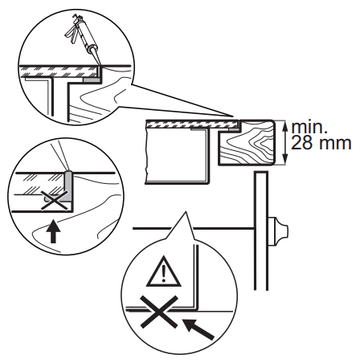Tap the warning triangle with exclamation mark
(x=164, y=271)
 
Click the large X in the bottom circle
(x=160, y=312)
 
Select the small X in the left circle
(x=55, y=200)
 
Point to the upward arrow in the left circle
(x=53, y=231)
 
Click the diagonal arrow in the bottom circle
(x=198, y=328)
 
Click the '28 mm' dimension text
(x=321, y=143)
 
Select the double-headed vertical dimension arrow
(x=285, y=143)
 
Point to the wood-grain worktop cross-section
(x=247, y=143)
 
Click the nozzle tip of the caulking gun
(x=98, y=65)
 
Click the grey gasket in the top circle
(x=91, y=80)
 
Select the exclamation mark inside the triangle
(x=164, y=273)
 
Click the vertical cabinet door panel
(x=261, y=231)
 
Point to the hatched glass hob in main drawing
(x=192, y=124)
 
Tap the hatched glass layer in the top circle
(x=58, y=71)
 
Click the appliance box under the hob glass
(x=177, y=156)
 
